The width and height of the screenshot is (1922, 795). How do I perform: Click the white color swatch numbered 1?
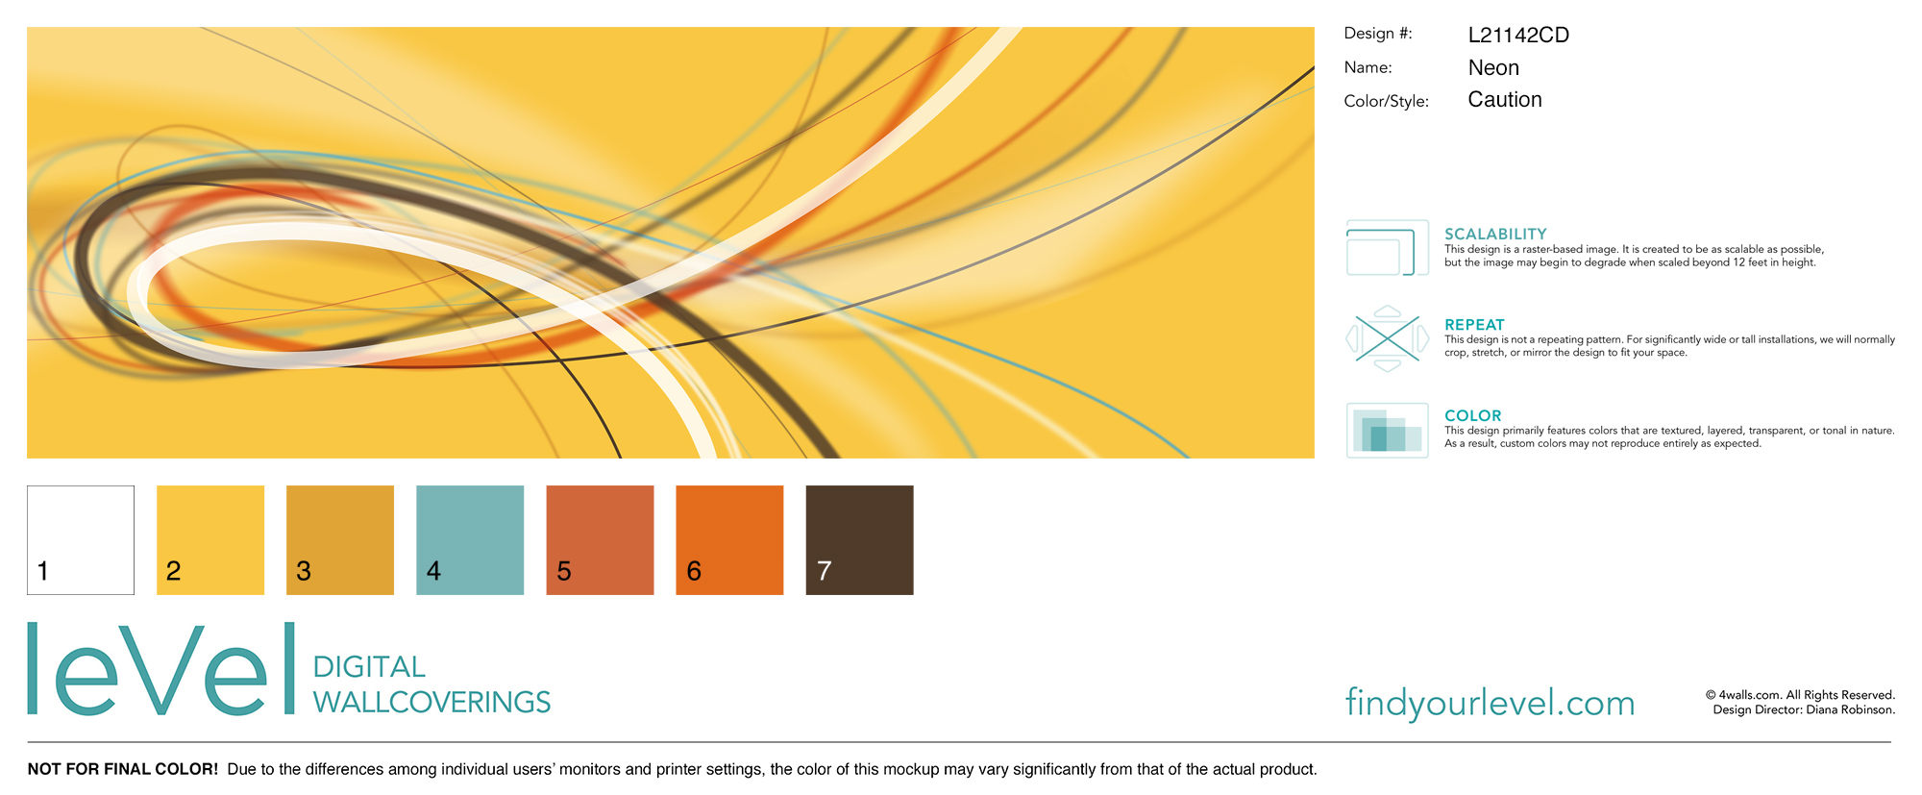click(x=81, y=540)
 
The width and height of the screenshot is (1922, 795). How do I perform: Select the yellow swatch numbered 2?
click(x=210, y=540)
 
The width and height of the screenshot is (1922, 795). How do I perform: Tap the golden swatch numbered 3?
click(x=340, y=540)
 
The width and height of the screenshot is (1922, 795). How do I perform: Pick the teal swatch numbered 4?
click(x=470, y=540)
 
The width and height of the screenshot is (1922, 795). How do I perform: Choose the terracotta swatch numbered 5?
click(x=600, y=540)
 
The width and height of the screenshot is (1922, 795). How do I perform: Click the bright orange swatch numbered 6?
click(x=729, y=540)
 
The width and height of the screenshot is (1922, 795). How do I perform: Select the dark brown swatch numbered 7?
click(x=859, y=540)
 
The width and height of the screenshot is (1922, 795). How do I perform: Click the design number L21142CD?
click(x=1518, y=36)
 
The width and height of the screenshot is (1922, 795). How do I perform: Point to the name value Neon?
click(x=1493, y=68)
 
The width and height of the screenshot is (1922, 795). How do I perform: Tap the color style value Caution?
click(x=1505, y=100)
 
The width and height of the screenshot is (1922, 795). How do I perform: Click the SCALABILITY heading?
click(x=1495, y=234)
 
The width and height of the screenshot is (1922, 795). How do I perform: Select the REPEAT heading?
click(x=1474, y=325)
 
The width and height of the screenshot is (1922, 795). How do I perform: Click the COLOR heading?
click(x=1472, y=415)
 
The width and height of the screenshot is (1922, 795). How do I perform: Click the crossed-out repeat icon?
click(x=1388, y=338)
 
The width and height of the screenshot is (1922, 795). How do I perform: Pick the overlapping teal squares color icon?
click(x=1388, y=431)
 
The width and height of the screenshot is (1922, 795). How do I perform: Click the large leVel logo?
click(x=161, y=668)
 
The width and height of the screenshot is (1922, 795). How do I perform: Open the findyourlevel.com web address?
click(x=1490, y=703)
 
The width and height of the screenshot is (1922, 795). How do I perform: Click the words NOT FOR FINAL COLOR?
click(x=123, y=769)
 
